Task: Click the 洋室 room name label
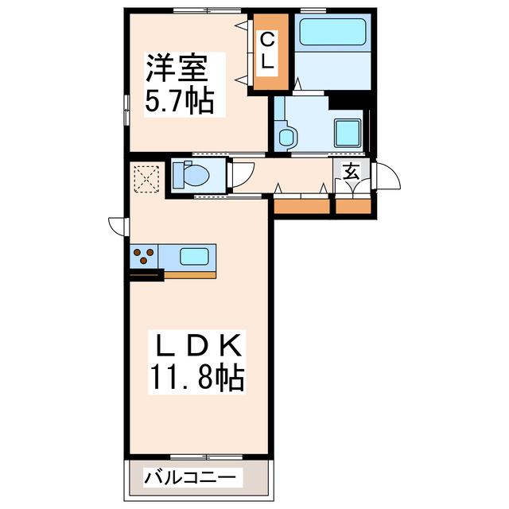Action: click(x=177, y=68)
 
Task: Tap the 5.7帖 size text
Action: click(x=180, y=100)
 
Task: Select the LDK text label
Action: click(x=198, y=345)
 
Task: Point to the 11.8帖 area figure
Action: click(x=196, y=378)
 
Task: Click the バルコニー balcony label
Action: click(x=189, y=477)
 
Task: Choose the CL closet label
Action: click(x=268, y=52)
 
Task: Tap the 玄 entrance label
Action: click(x=352, y=172)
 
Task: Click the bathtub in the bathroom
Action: click(x=332, y=32)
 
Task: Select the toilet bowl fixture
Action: click(x=191, y=176)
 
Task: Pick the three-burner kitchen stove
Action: click(x=144, y=256)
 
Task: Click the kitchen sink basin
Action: click(x=194, y=256)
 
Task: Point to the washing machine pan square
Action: click(x=348, y=133)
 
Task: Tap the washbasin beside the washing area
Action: click(x=286, y=135)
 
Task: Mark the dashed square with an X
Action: click(x=146, y=179)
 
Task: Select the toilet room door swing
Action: click(x=243, y=174)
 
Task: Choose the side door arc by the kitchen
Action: click(x=116, y=227)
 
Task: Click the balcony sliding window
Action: click(x=207, y=457)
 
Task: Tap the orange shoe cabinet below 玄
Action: click(x=353, y=207)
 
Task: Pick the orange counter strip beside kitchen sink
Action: click(x=190, y=275)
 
